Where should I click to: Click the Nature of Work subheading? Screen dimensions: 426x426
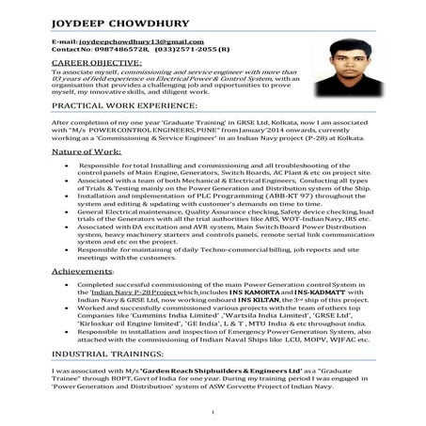pyautogui.click(x=85, y=150)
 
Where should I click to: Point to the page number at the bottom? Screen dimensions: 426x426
pyautogui.click(x=215, y=413)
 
